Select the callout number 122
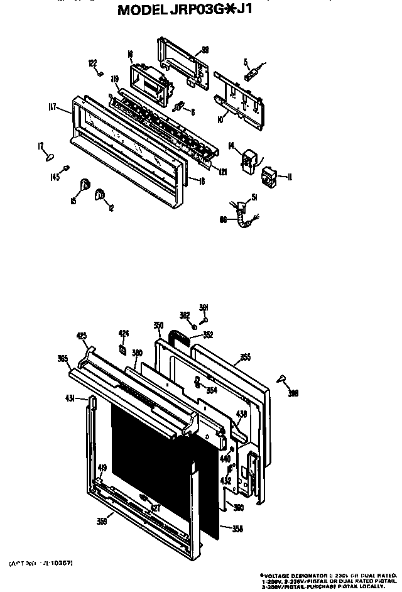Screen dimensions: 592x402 92,62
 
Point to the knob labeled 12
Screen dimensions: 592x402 99,197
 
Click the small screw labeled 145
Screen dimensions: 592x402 68,168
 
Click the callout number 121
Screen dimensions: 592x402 222,171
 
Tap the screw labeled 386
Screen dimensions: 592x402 282,379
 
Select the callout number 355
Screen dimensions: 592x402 245,357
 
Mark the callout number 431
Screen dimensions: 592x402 71,398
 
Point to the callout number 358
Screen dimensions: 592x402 237,529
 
